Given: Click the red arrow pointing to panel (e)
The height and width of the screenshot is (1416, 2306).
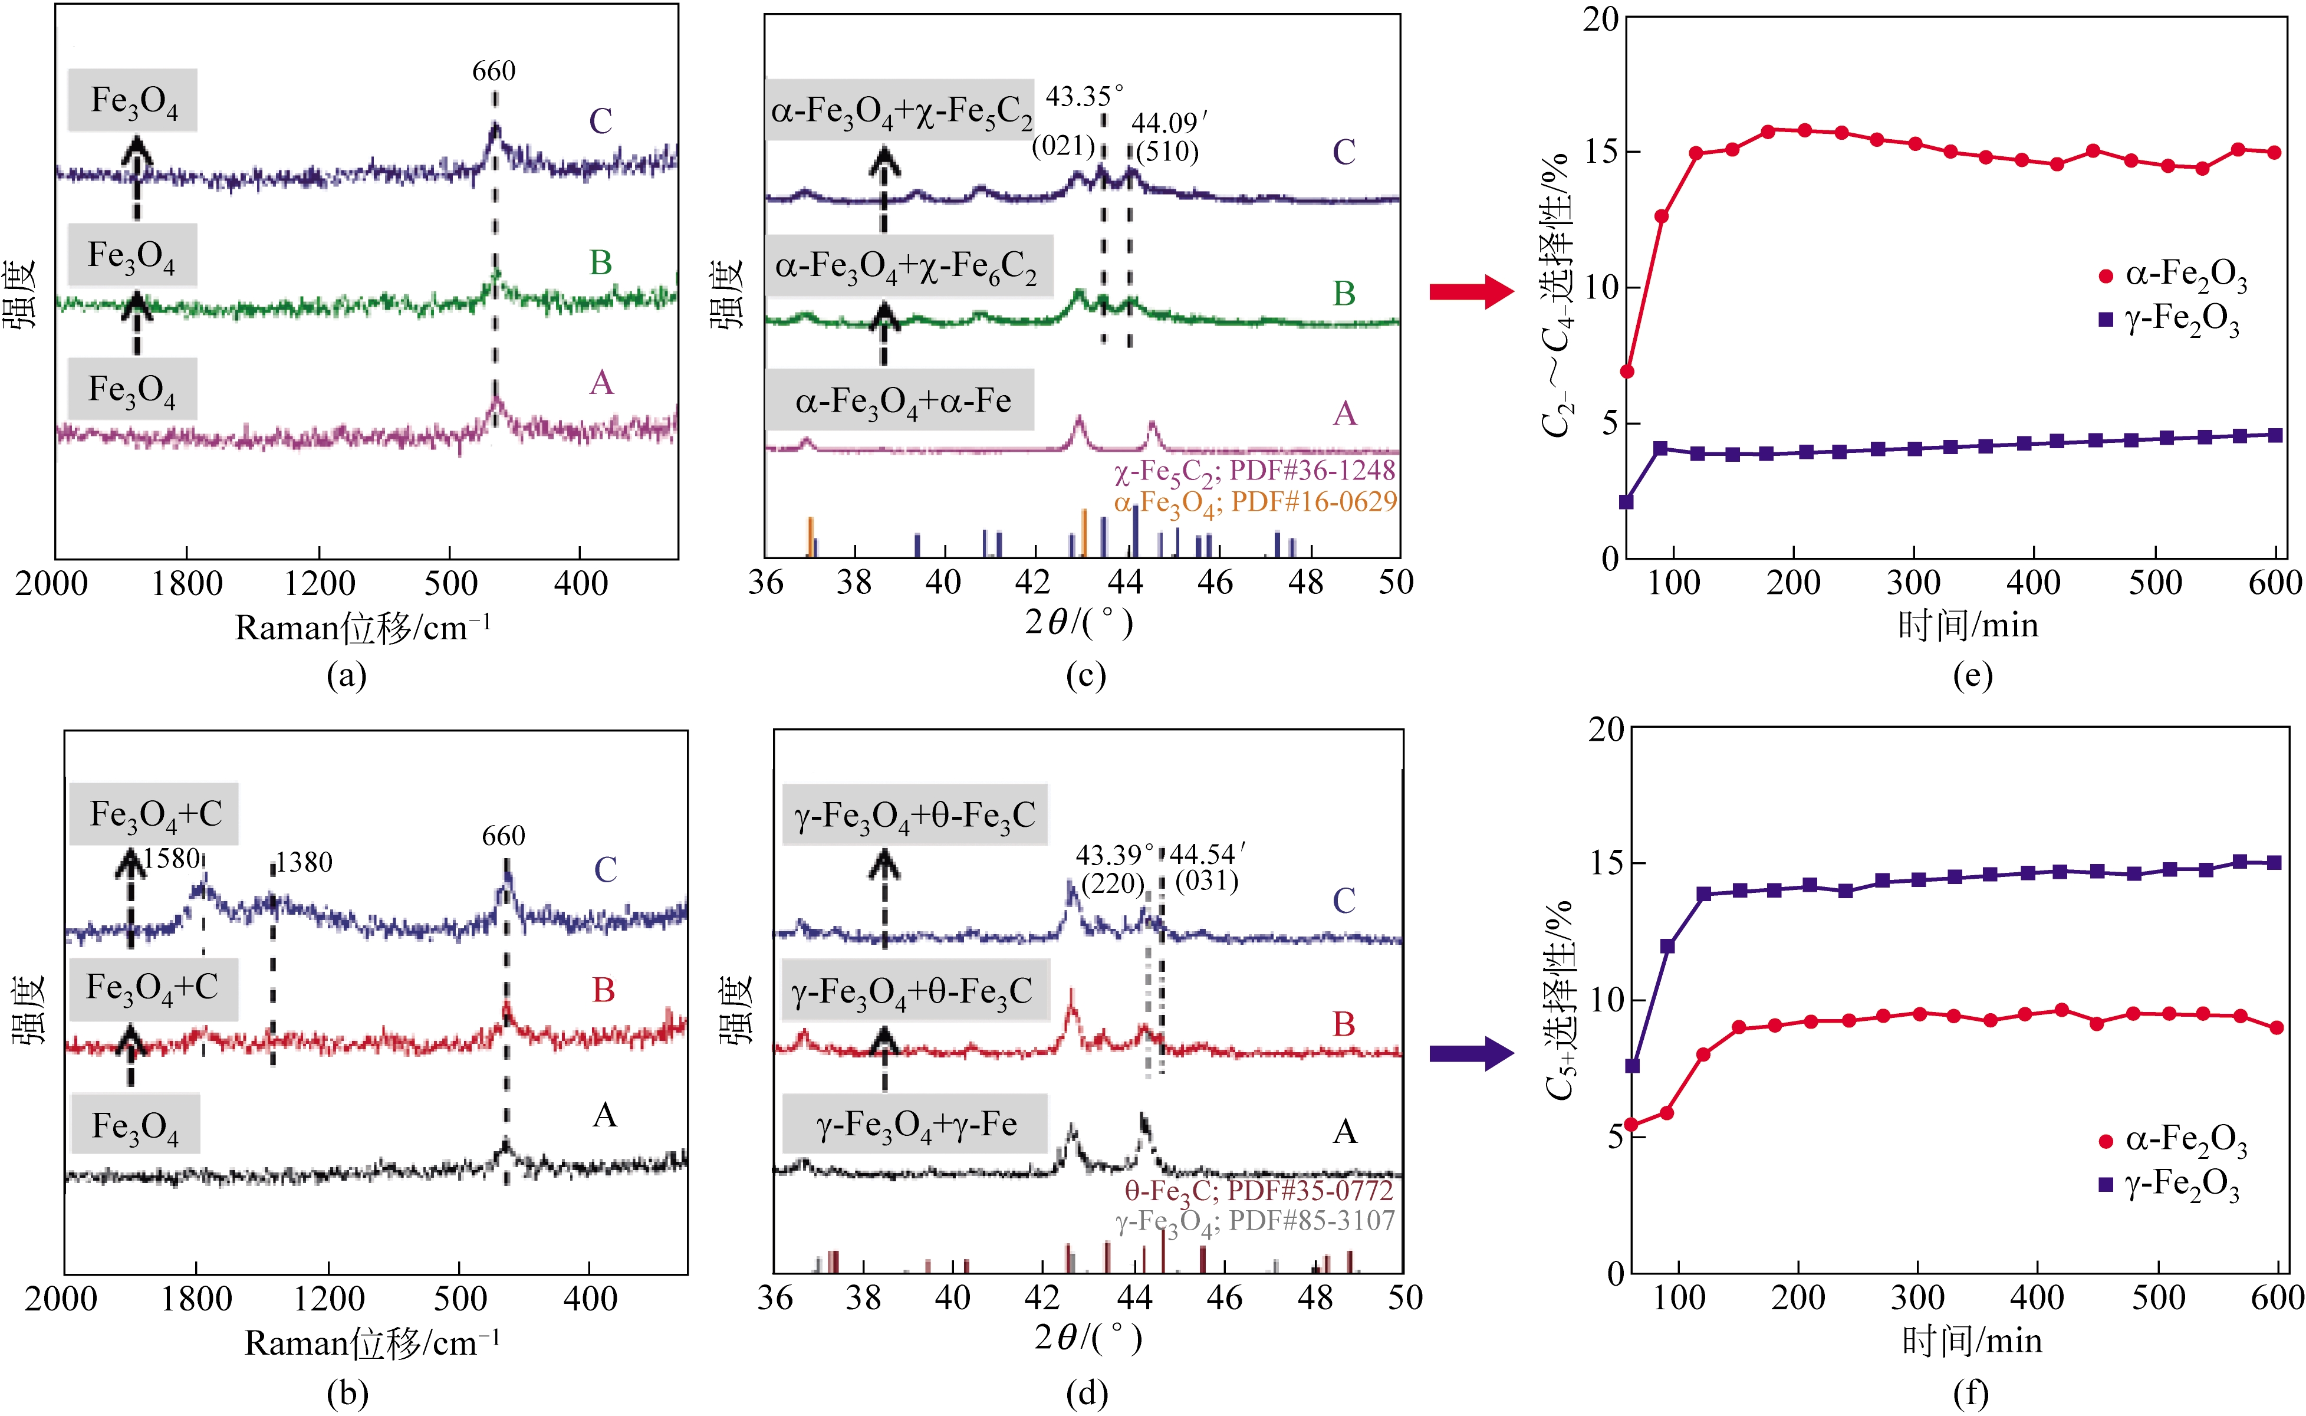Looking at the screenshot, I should point(1470,291).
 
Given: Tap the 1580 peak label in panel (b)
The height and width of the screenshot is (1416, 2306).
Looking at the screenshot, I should point(172,859).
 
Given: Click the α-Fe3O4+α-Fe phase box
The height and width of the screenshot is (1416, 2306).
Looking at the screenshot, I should point(901,402).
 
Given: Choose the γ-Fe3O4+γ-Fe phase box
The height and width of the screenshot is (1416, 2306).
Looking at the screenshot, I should point(914,1124).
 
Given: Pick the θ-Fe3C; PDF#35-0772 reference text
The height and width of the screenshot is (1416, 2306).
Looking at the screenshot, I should point(1258,1191).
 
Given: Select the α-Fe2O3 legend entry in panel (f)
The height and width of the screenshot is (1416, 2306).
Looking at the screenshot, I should point(2172,1140).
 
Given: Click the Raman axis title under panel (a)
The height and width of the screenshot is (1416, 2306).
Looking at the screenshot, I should point(363,627).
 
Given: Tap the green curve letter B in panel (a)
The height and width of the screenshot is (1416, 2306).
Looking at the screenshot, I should point(600,263).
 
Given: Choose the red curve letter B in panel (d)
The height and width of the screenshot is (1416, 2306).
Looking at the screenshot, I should point(1344,1024).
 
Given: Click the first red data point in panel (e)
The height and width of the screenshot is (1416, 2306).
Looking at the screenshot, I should point(1627,372).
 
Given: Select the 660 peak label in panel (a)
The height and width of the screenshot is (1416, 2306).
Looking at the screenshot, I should point(494,71).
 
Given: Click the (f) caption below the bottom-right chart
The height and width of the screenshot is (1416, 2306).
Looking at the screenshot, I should point(1971,1394).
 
